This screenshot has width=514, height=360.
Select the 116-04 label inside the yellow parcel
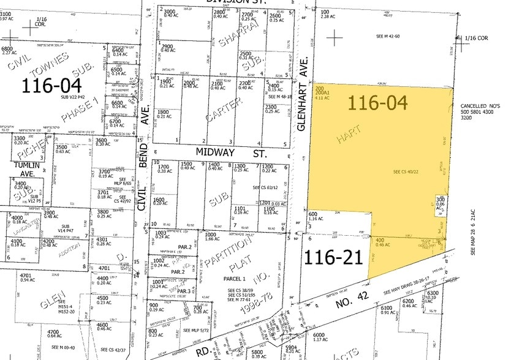point(379,102)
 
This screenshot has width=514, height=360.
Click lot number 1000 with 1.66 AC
point(212,234)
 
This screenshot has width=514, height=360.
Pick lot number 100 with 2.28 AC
point(325,12)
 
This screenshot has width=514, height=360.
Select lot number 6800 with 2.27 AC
point(7,49)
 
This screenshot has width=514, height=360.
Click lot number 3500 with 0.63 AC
point(62,147)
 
